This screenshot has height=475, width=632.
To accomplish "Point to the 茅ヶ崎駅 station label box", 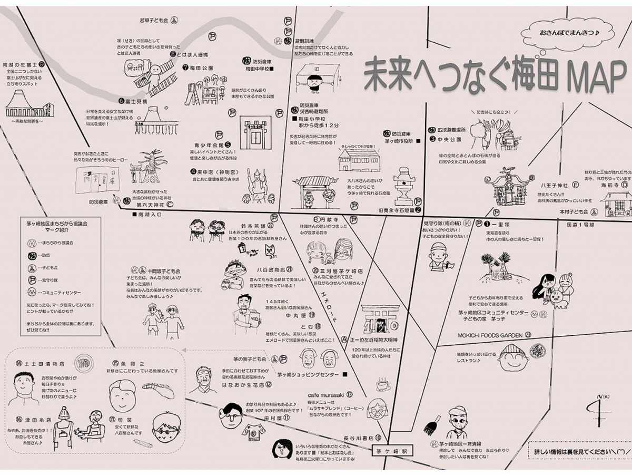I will pyautogui.click(x=392, y=451).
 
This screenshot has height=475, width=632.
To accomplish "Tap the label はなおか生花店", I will pyautogui.click(x=242, y=384).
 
